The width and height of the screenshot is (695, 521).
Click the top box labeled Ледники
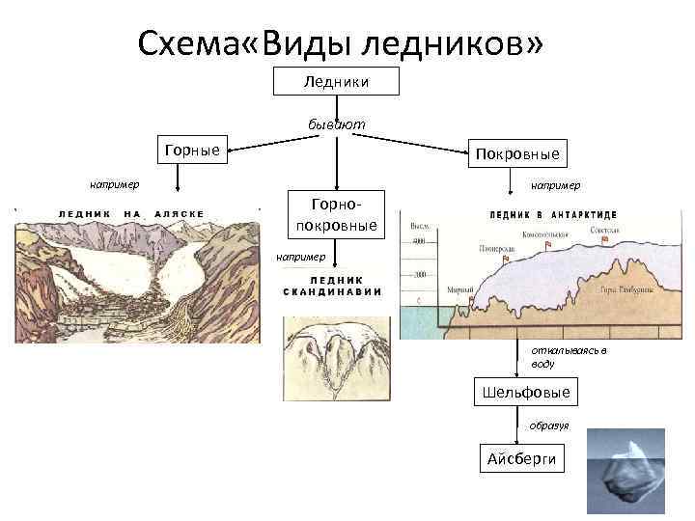click(335, 82)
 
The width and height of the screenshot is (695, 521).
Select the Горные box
click(192, 150)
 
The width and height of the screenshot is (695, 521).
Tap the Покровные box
click(517, 153)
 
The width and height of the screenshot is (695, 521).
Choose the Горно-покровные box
click(337, 215)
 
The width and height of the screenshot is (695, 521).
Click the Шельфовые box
click(525, 393)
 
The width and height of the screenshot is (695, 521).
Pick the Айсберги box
click(522, 458)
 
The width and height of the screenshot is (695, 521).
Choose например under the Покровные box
click(556, 183)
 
